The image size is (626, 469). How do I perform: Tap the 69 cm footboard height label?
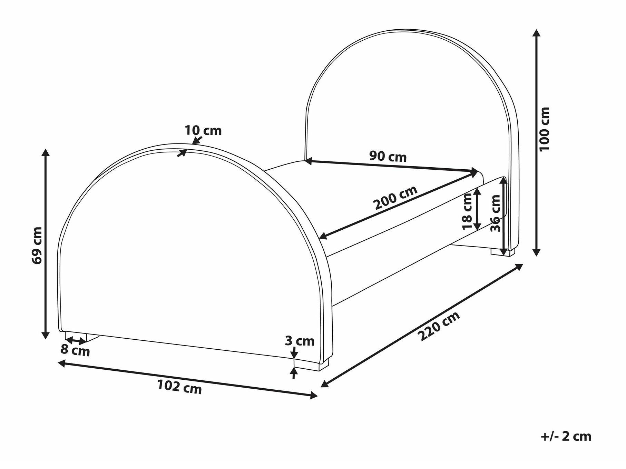(x=37, y=246)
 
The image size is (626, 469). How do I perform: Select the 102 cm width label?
(x=179, y=387)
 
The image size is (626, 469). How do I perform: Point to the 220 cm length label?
(x=439, y=326)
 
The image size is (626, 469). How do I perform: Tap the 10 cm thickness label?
(x=203, y=131)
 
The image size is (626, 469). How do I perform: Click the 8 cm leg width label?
(x=75, y=350)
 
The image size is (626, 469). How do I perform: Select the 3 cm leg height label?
(x=300, y=341)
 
